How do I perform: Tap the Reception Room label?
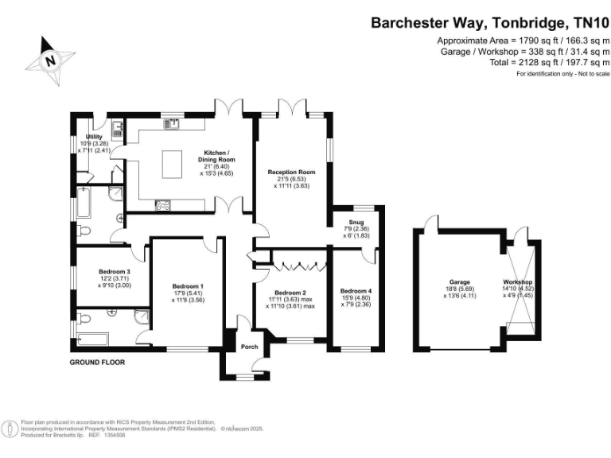pyautogui.click(x=292, y=172)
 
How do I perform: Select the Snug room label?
pyautogui.click(x=356, y=222)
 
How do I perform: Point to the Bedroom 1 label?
pyautogui.click(x=189, y=286)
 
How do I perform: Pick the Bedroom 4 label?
pyautogui.click(x=356, y=291)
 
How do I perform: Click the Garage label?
pyautogui.click(x=460, y=282)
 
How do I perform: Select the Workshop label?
pyautogui.click(x=517, y=282)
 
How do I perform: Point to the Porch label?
pyautogui.click(x=249, y=346)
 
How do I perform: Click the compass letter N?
pyautogui.click(x=50, y=59)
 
